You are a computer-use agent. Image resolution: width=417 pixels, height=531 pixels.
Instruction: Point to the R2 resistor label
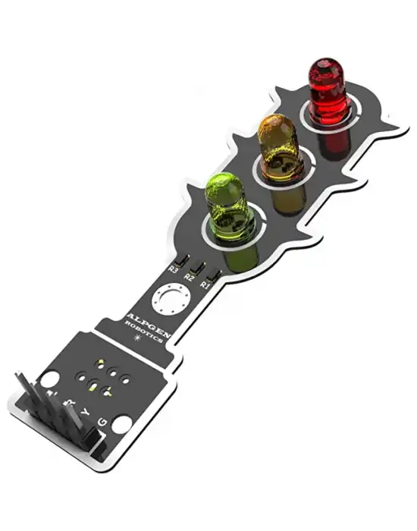pyautogui.click(x=189, y=278)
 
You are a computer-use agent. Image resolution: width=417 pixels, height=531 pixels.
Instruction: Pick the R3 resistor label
pyautogui.click(x=174, y=269)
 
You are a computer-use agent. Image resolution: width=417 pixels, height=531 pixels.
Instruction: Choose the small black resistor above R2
pyautogui.click(x=199, y=268)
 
